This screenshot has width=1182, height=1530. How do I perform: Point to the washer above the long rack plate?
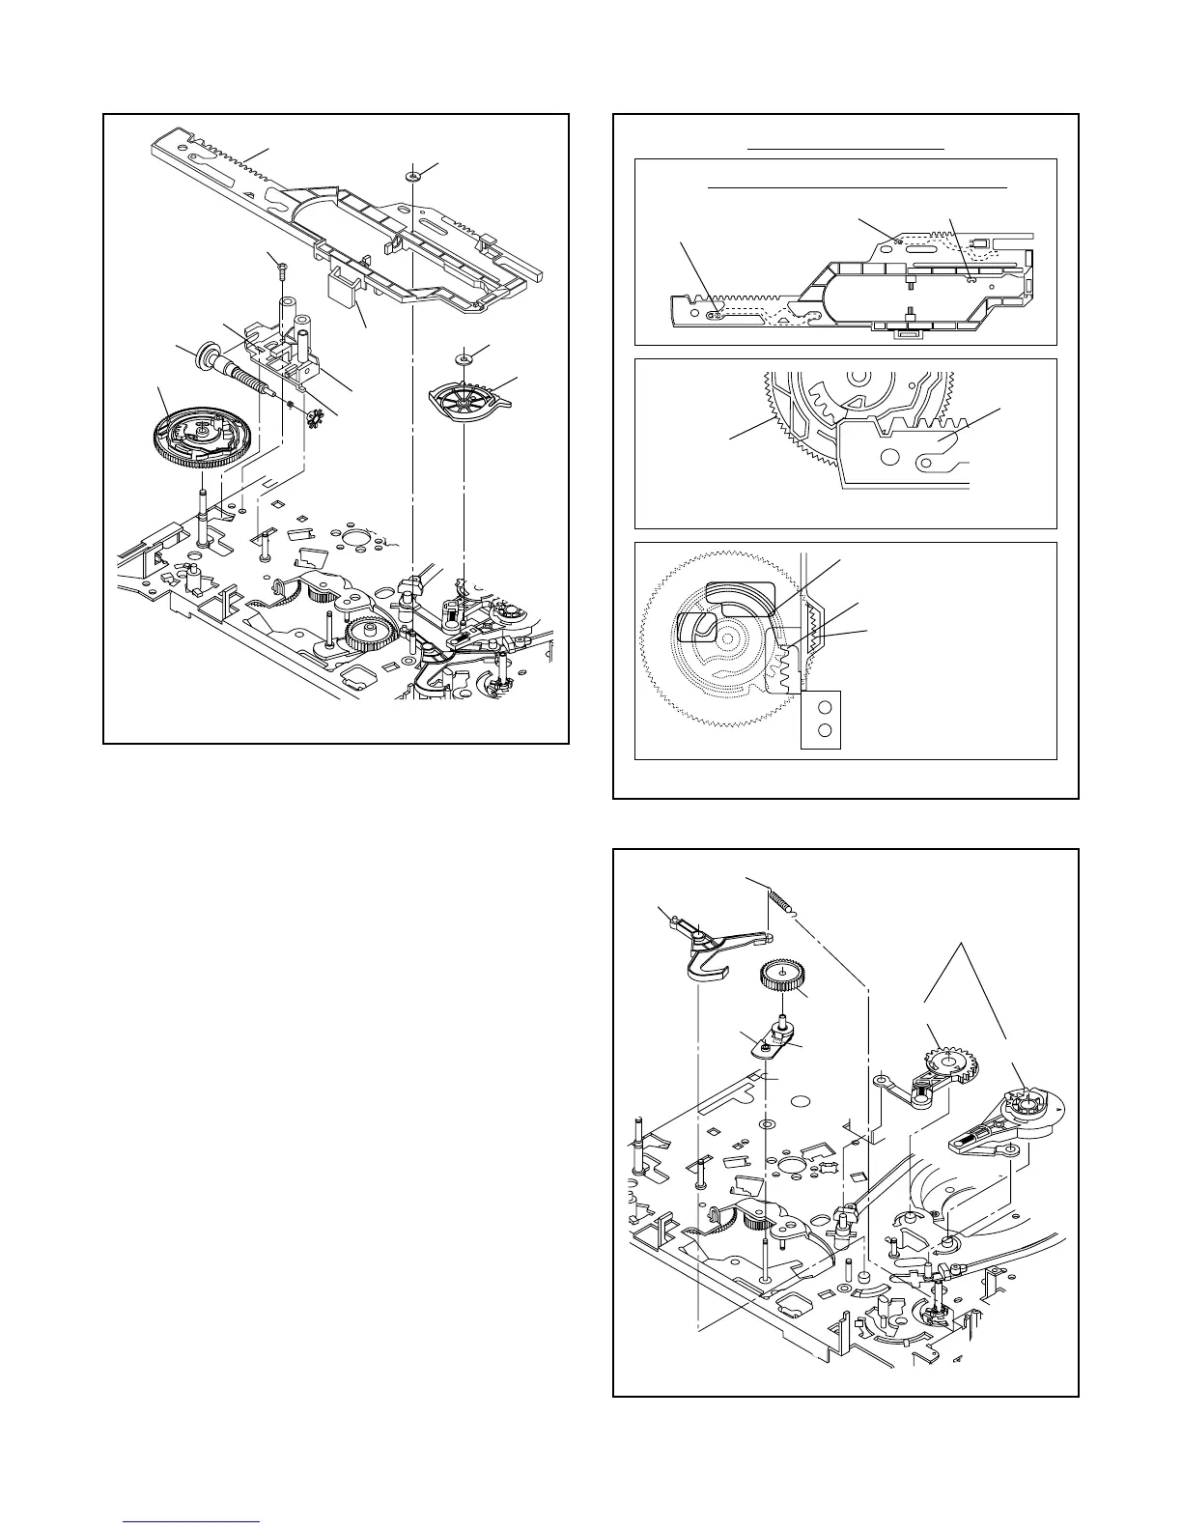(x=412, y=177)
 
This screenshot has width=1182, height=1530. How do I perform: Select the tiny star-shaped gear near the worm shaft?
(x=312, y=418)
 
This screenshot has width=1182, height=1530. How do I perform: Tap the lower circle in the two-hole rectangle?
(x=823, y=729)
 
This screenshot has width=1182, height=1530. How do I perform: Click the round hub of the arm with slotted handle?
(x=1027, y=1105)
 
